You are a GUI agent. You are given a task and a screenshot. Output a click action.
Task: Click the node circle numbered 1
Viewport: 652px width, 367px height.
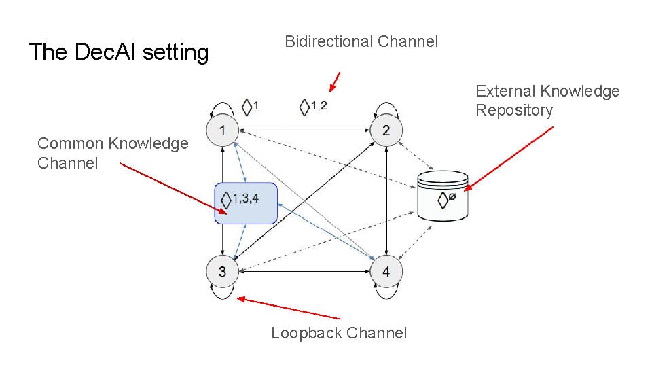point(222,130)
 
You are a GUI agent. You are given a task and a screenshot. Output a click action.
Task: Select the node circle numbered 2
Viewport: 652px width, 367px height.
point(386,130)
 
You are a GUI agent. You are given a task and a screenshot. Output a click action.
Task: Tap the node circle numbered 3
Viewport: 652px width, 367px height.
point(222,271)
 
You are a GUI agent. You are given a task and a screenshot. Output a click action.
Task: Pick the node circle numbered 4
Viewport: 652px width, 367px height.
point(386,272)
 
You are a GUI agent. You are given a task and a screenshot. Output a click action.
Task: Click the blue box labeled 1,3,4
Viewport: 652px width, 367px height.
point(246,203)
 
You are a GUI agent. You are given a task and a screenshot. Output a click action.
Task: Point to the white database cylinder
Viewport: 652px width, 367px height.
point(443,196)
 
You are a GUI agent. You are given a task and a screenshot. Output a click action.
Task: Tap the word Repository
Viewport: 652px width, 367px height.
point(514,110)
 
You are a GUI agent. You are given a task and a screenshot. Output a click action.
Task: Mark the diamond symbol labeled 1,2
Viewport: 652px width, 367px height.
point(304,107)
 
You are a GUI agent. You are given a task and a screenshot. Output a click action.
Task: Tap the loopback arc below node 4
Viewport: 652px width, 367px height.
point(386,293)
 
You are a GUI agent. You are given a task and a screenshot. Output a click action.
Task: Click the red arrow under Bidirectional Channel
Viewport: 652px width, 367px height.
point(335,82)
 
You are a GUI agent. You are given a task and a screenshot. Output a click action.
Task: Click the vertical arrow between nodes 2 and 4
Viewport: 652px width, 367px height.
point(386,201)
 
